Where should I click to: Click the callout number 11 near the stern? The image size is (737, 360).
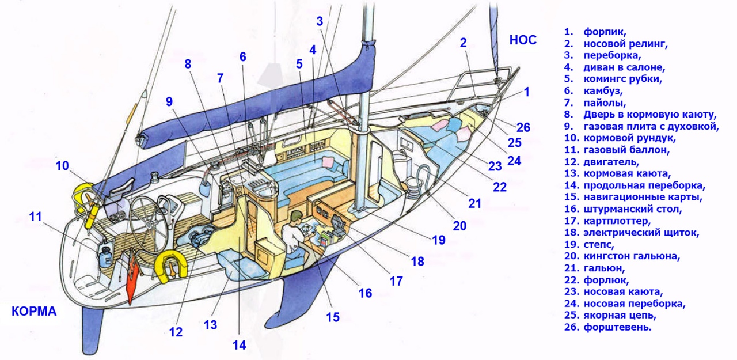coord(36,217)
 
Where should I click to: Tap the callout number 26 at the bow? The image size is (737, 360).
coord(523,127)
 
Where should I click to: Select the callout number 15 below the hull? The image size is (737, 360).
coord(333,316)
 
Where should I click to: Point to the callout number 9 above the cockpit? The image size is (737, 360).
coord(169,102)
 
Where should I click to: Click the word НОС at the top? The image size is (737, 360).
coord(523,40)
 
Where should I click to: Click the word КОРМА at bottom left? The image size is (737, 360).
coord(34,312)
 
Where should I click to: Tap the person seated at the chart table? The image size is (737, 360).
coord(295,230)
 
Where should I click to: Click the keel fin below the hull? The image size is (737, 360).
coord(297,294)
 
